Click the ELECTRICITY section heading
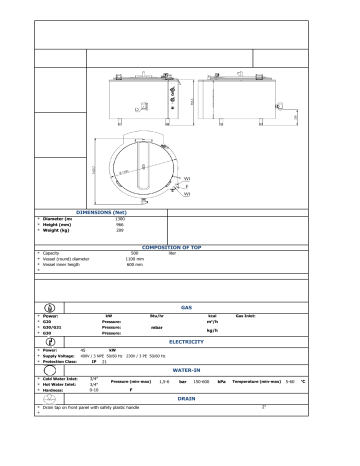[x=186, y=342]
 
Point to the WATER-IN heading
[x=187, y=369]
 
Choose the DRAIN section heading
[x=186, y=398]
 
